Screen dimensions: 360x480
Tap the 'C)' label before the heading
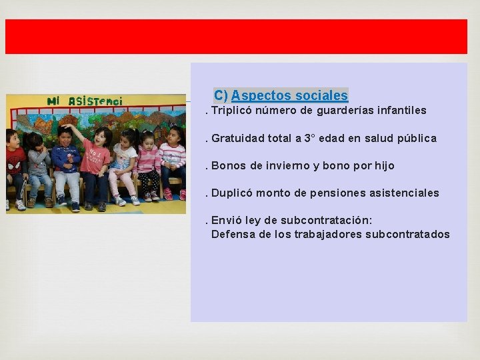coord(221,96)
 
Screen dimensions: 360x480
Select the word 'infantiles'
coord(402,111)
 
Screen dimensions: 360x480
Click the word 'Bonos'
coord(227,166)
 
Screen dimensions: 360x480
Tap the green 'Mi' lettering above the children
coord(54,101)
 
